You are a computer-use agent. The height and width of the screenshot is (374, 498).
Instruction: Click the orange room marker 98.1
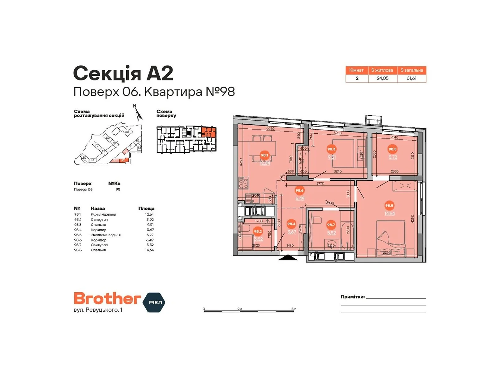pos(264,155)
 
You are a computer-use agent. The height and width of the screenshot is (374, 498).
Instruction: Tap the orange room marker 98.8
pos(389,205)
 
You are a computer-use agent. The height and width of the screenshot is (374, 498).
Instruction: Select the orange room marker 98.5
pos(392,149)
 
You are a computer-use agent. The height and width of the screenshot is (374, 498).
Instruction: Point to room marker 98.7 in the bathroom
pos(331,224)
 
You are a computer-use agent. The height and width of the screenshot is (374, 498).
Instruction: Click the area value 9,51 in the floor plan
pos(331,157)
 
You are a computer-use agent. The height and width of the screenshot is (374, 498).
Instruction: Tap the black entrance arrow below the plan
pos(288,257)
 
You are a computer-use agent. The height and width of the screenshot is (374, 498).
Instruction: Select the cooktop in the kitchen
pos(243,183)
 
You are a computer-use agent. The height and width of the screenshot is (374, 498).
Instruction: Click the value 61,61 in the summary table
pos(411,78)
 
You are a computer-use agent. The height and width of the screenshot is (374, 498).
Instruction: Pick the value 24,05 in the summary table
pos(383,78)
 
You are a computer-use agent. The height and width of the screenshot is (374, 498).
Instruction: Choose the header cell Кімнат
pos(356,70)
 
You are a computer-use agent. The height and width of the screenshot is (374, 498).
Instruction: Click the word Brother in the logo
pos(107,299)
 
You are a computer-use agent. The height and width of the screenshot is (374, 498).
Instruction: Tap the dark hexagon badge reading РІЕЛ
pos(154,302)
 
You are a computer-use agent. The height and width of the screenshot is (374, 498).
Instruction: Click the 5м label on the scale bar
pos(294,309)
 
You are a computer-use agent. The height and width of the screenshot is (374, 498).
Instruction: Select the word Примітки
pos(352,297)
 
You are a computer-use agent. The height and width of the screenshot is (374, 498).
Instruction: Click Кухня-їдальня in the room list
pos(103,214)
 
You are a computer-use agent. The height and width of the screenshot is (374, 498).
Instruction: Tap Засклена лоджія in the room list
pos(106,235)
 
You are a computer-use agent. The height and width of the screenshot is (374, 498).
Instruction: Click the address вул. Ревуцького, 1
pos(98,310)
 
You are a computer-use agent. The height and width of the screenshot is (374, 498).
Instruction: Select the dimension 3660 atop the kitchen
pos(270,129)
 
